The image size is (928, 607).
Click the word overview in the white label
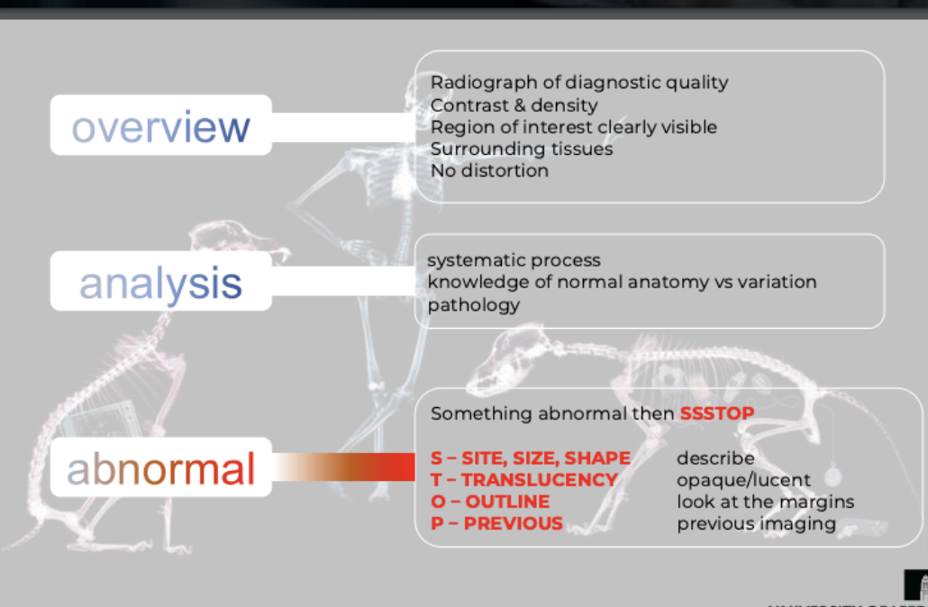click(160, 127)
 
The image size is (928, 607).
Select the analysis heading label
click(160, 284)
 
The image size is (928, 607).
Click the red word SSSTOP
click(717, 413)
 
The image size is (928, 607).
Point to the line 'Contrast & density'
click(514, 105)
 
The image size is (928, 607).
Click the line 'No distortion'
click(489, 170)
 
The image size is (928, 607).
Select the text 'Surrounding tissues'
click(522, 149)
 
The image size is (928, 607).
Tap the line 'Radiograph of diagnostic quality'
click(579, 83)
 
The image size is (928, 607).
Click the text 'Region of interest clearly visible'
click(574, 127)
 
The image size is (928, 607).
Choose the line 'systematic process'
click(514, 260)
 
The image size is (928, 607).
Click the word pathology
click(474, 304)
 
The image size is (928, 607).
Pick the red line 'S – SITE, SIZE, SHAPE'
click(531, 458)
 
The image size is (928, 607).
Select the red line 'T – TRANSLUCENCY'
click(523, 480)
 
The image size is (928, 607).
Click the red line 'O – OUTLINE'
click(490, 502)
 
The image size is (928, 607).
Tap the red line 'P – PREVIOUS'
click(496, 523)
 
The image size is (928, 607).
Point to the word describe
click(715, 458)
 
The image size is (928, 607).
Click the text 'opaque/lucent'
click(743, 480)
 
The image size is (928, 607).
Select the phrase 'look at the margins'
click(765, 502)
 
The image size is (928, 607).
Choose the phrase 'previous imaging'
click(756, 523)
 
